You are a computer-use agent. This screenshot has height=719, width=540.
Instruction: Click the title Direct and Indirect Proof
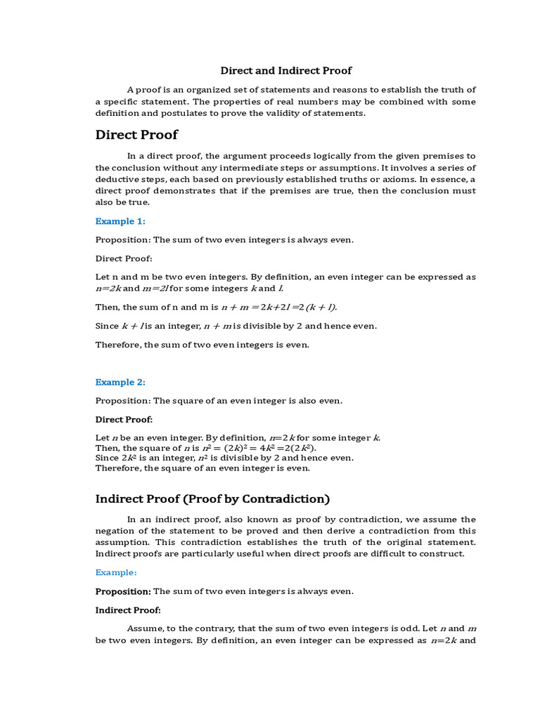click(286, 70)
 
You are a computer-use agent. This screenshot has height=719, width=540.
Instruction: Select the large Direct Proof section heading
click(136, 135)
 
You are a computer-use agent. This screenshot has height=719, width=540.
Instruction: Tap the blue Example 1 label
click(120, 221)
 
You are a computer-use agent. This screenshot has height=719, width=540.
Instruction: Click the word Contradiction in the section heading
click(288, 499)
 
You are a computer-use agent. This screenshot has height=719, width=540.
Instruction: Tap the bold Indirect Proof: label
click(128, 609)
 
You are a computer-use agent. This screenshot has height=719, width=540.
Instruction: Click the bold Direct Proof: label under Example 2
click(124, 419)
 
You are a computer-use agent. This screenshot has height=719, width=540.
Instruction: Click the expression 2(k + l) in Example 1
click(318, 307)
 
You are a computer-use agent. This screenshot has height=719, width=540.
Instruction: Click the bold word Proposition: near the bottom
click(123, 591)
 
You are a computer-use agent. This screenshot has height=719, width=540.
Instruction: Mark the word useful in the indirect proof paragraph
click(250, 553)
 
